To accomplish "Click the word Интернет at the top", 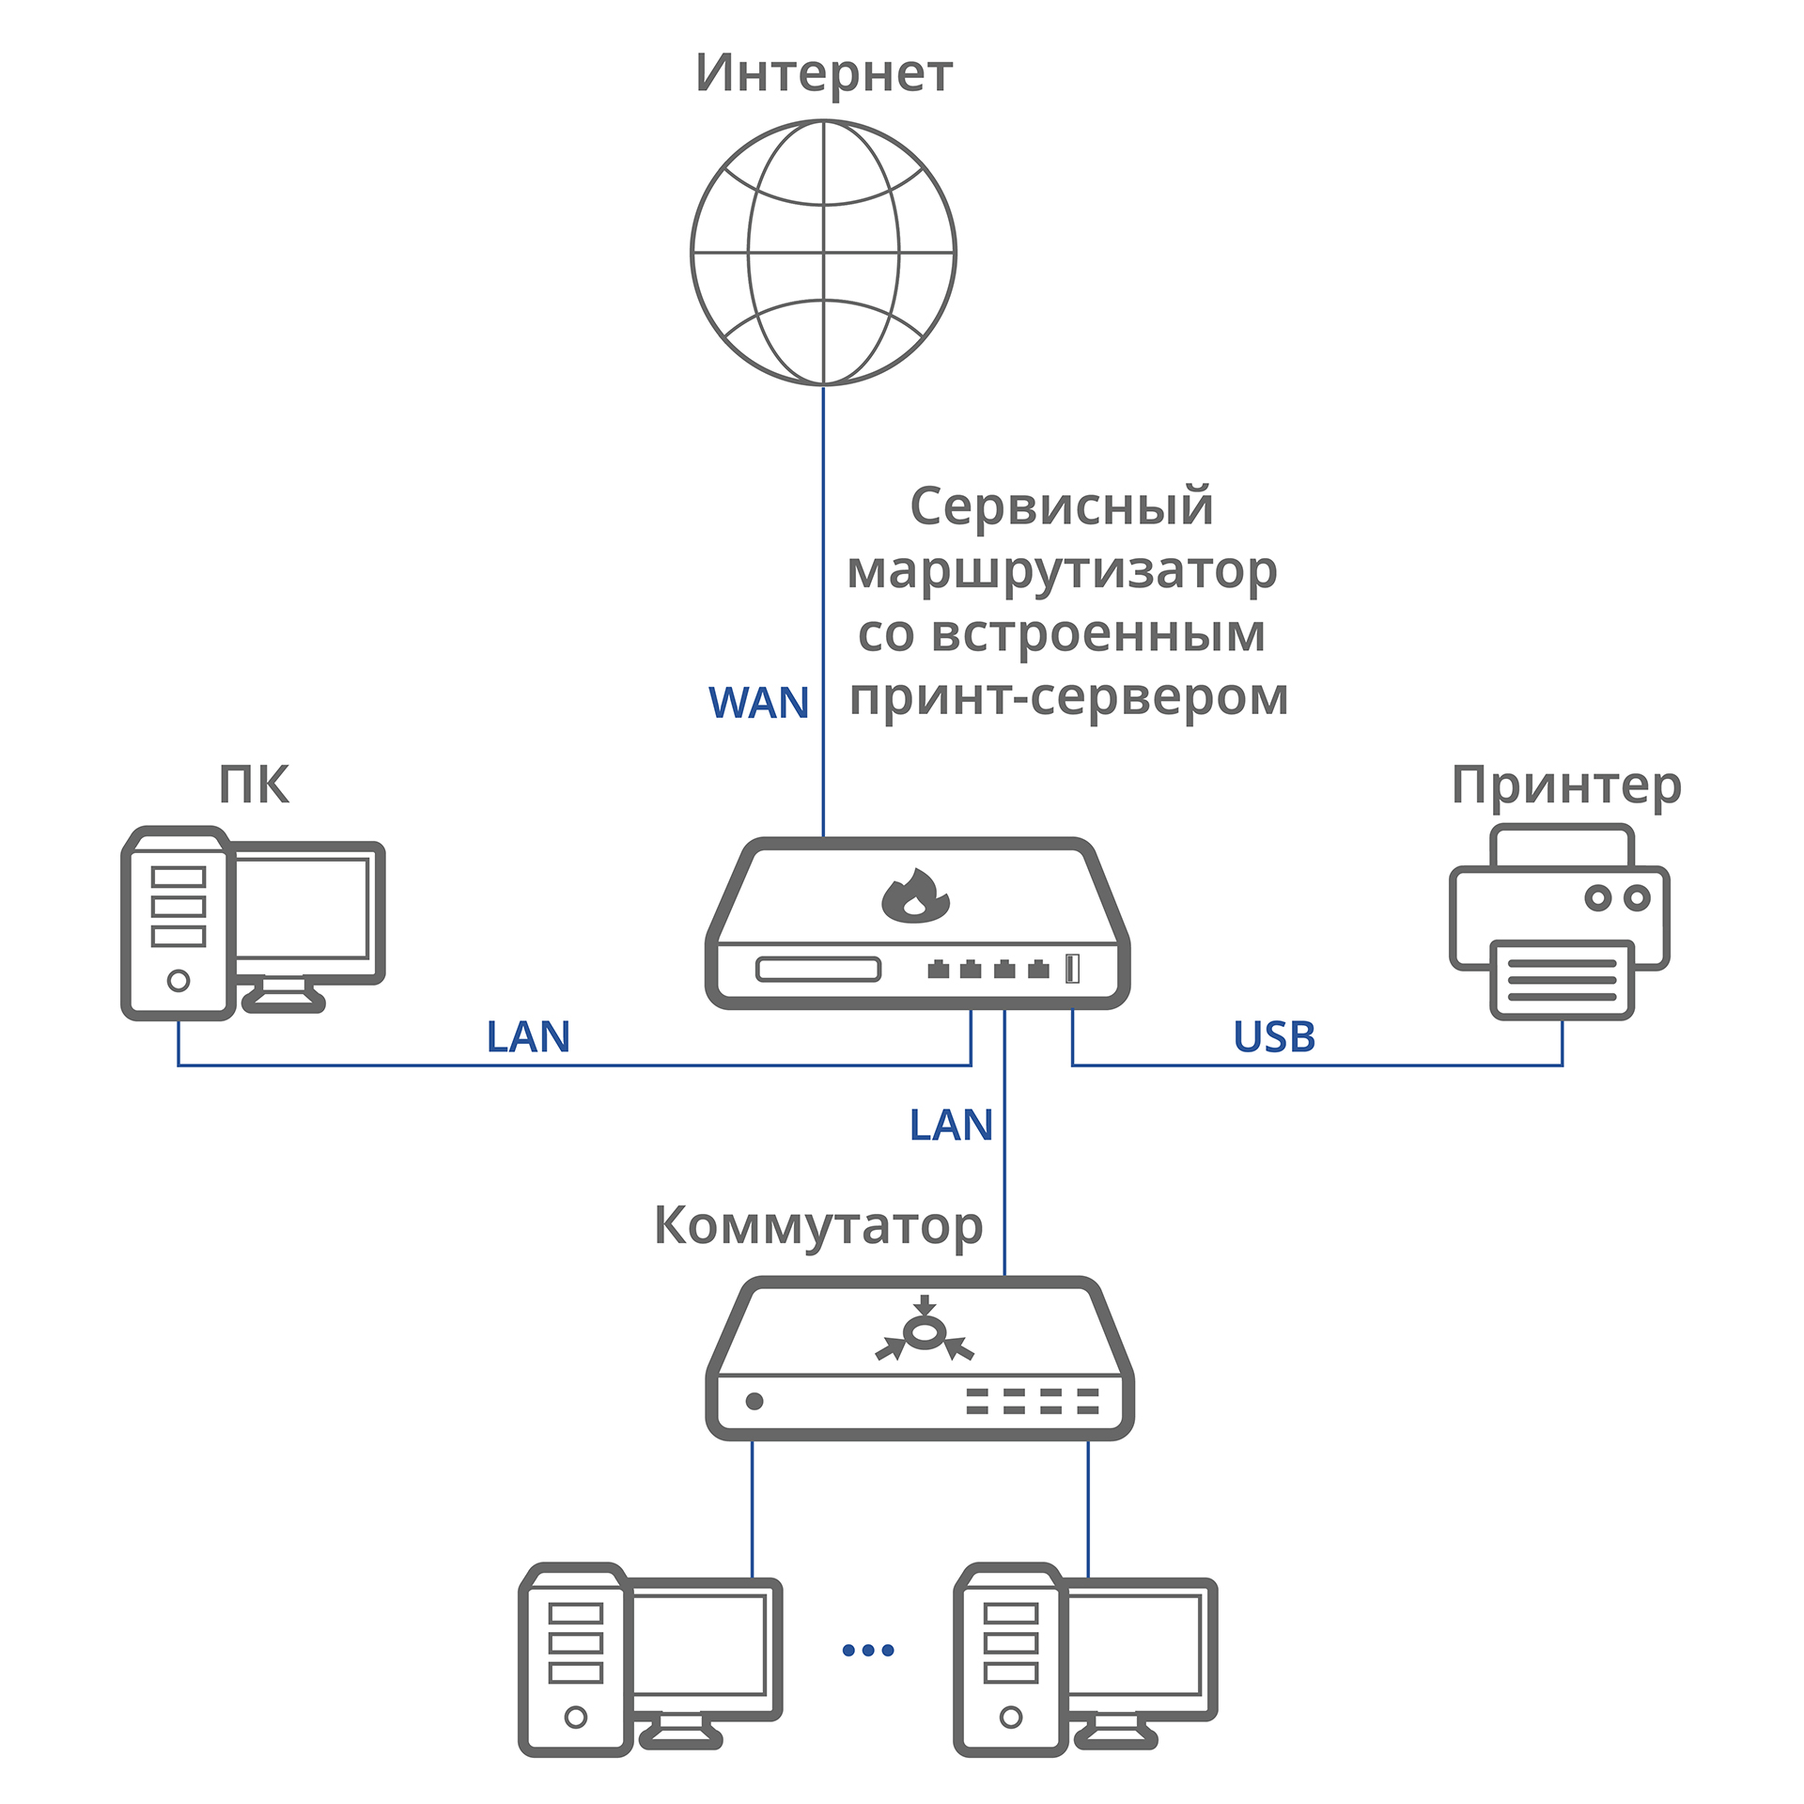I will (x=824, y=73).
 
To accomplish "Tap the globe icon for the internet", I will (x=823, y=252).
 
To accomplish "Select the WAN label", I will (x=758, y=703).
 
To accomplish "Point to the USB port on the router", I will (x=1072, y=969).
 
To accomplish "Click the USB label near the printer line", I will (x=1274, y=1037).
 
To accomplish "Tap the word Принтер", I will (x=1566, y=785).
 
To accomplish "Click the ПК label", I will (x=254, y=785).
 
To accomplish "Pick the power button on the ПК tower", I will (x=179, y=981).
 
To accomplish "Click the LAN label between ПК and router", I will (x=528, y=1037).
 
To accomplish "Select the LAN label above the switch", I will (x=951, y=1126).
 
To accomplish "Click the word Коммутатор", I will (x=817, y=1226).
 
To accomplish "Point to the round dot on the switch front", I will (x=754, y=1402).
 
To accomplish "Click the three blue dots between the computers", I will (x=868, y=1650).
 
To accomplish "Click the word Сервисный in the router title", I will (x=1062, y=507).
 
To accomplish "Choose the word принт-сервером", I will (x=1068, y=697).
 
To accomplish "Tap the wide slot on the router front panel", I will (x=818, y=969).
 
